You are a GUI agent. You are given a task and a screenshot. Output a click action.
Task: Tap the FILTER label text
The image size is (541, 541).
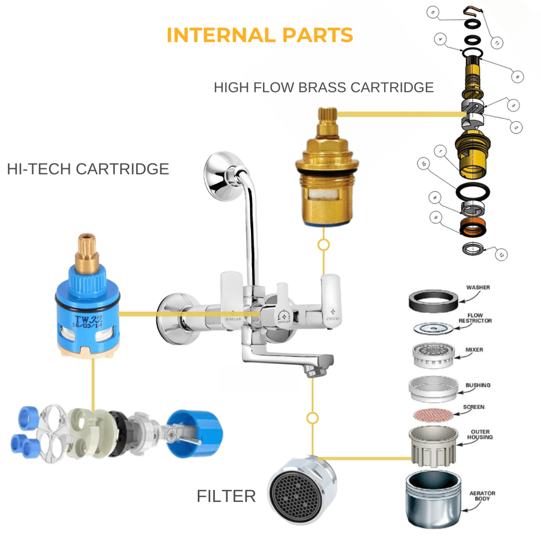226,496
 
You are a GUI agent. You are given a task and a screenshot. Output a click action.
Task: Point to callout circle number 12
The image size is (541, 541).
501,255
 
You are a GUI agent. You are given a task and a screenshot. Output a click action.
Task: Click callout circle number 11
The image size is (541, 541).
496,42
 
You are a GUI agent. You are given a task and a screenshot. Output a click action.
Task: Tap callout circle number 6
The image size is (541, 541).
516,77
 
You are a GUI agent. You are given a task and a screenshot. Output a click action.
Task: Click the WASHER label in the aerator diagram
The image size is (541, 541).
478,288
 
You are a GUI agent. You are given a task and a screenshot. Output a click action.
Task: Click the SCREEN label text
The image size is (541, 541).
473,407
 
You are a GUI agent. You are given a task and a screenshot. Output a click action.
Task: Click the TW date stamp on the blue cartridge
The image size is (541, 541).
87,322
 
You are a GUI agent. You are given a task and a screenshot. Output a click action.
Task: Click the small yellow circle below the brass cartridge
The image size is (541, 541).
323,245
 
